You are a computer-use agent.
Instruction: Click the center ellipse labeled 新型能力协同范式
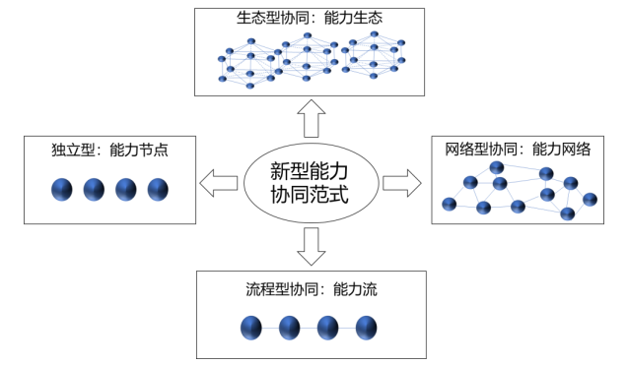(311, 182)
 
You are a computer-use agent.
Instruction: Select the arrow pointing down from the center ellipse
(311, 247)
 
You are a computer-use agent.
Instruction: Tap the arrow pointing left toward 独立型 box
(219, 183)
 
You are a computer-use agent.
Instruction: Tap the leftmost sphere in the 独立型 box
(63, 190)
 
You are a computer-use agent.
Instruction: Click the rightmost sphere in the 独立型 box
(158, 190)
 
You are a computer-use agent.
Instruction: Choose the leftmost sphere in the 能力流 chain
(250, 327)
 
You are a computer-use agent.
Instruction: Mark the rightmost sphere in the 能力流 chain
(367, 327)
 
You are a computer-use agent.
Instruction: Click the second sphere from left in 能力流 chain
(289, 327)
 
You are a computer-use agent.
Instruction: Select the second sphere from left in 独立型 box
(95, 190)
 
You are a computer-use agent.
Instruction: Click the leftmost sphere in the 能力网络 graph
(450, 204)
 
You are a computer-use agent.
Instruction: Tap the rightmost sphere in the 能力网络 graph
(591, 199)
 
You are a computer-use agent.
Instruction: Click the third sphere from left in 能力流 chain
(328, 327)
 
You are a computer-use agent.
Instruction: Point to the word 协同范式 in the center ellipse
(311, 196)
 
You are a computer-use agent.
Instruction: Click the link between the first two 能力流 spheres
(270, 327)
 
